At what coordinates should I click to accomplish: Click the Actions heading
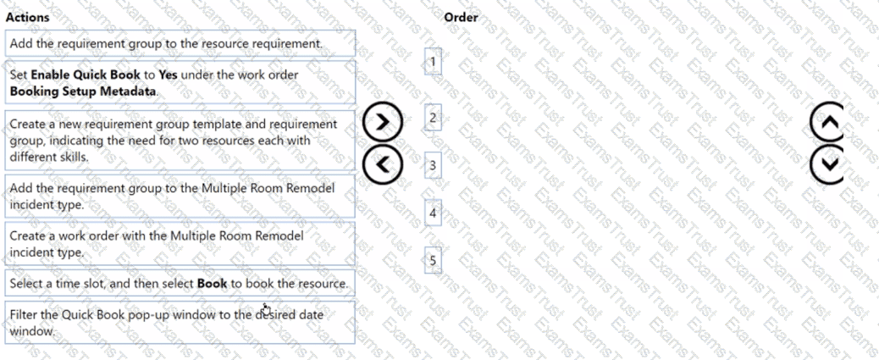[27, 18]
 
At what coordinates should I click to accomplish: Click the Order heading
[461, 18]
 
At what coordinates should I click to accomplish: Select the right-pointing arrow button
[383, 122]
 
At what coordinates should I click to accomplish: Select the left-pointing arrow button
[383, 163]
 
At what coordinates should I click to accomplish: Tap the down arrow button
[827, 163]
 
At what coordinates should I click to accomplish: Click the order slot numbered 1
[433, 62]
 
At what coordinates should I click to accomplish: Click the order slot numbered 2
[433, 118]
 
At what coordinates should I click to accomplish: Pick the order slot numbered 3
[433, 165]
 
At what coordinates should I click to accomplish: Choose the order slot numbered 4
[433, 213]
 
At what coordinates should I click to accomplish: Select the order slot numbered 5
[433, 260]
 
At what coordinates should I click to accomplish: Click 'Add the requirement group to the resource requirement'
[180, 43]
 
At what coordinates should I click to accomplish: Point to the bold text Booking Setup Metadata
[83, 91]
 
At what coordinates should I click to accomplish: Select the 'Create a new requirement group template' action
[180, 140]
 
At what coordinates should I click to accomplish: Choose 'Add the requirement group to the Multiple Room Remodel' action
[180, 196]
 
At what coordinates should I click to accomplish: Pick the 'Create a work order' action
[180, 243]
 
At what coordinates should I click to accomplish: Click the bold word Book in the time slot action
[212, 283]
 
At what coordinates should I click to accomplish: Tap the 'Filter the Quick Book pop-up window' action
[180, 323]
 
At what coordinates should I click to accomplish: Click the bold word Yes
[169, 75]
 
